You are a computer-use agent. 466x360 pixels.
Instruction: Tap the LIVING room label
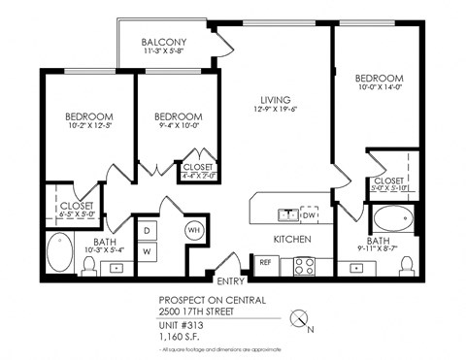[276, 98]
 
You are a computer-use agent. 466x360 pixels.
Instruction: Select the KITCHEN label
[291, 238]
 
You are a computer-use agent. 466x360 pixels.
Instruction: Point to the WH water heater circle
[194, 230]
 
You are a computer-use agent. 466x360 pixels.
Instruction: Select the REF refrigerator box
[265, 262]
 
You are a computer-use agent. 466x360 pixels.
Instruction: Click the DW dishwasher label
[309, 214]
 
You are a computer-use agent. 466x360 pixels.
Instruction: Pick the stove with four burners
[304, 264]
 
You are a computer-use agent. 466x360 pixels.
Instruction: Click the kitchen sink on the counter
[287, 213]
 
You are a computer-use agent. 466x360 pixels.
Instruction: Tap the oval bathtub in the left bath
[60, 254]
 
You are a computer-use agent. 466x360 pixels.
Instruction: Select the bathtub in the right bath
[393, 218]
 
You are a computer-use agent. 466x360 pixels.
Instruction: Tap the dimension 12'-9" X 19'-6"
[276, 110]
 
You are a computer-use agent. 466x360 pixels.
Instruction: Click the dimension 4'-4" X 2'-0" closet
[199, 177]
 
